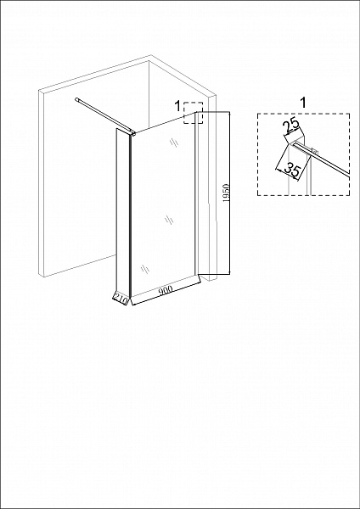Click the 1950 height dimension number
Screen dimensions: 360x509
click(x=227, y=193)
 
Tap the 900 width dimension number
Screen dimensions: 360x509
click(x=166, y=290)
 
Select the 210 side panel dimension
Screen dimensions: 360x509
click(x=121, y=298)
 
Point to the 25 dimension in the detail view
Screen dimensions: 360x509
click(x=290, y=126)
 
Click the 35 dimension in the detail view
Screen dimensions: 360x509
click(x=291, y=170)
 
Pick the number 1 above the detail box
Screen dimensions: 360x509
click(x=303, y=103)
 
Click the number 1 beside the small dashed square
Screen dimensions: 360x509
click(x=177, y=106)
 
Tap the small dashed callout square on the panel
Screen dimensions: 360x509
click(x=193, y=113)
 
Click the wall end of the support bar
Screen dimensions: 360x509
click(x=76, y=99)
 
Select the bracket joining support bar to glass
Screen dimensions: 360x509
click(x=132, y=133)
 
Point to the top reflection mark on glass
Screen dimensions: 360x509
click(x=174, y=143)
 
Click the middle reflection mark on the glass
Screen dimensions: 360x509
click(x=169, y=220)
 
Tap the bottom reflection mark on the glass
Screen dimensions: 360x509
click(x=145, y=269)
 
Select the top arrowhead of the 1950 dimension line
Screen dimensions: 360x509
click(x=229, y=112)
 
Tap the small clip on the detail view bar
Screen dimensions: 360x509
click(x=314, y=151)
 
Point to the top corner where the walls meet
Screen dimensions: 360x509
click(x=149, y=61)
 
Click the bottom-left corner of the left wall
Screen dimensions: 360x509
click(x=43, y=277)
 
